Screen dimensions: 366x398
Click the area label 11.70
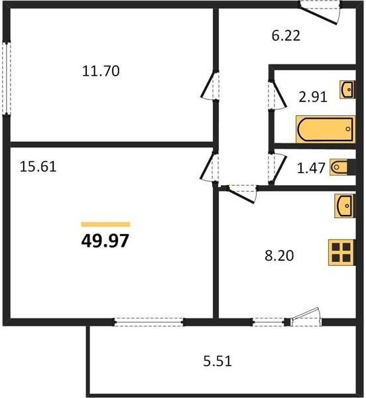click(x=101, y=71)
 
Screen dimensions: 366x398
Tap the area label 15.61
click(x=38, y=166)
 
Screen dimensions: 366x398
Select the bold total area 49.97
click(x=105, y=241)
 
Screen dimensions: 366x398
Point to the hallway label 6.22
click(x=286, y=36)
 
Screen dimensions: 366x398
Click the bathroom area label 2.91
click(x=313, y=97)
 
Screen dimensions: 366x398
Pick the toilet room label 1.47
click(x=311, y=168)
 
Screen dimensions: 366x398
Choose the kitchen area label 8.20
click(x=279, y=255)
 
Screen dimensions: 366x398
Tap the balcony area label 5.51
click(x=217, y=361)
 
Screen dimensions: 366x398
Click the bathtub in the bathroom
click(x=326, y=129)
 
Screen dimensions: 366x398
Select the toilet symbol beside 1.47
click(x=342, y=167)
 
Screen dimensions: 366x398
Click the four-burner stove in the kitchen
click(x=341, y=253)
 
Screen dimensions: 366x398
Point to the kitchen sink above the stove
click(x=345, y=206)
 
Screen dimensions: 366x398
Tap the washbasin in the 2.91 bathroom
click(x=347, y=90)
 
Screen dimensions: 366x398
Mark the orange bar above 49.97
click(x=105, y=224)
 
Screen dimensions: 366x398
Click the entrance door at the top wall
click(x=320, y=13)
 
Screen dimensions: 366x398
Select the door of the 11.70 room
click(x=210, y=86)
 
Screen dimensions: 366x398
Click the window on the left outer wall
click(x=7, y=79)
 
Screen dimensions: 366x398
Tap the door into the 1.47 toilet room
click(x=277, y=168)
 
